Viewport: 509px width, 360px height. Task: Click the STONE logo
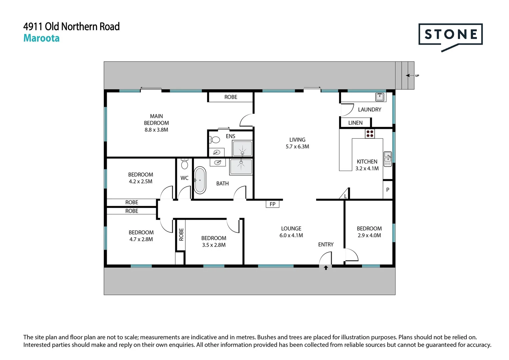[450, 35]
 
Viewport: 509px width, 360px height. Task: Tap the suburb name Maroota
[41, 38]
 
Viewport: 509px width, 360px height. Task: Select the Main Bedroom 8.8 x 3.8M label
[156, 123]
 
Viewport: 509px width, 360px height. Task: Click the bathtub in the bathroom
[200, 180]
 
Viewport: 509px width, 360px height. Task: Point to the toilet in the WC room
[184, 164]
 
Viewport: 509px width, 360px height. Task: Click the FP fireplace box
[272, 204]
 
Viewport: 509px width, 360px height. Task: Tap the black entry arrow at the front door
[326, 267]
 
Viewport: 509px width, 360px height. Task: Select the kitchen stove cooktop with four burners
[370, 134]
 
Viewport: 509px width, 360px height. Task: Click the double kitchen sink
[388, 159]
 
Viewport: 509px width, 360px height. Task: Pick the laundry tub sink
[380, 97]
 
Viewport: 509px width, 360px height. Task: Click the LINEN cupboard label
[355, 123]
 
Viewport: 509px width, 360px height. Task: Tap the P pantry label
[388, 190]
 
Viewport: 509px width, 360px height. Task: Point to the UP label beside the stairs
[417, 76]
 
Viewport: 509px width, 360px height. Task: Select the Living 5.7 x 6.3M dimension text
[297, 147]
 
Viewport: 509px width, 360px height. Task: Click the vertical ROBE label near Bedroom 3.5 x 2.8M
[181, 234]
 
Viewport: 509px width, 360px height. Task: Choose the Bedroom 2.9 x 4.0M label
[369, 232]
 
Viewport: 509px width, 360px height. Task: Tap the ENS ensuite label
[230, 136]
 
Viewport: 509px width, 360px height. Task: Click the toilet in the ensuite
[215, 140]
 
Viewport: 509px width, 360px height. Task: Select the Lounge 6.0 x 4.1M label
[291, 232]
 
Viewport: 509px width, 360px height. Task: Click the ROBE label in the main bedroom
[231, 97]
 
